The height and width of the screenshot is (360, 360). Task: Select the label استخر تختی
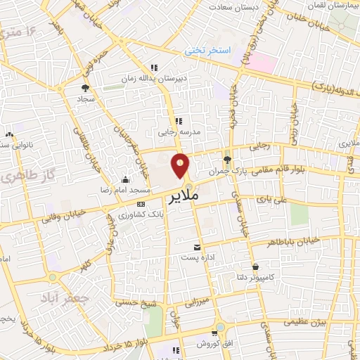point(208,51)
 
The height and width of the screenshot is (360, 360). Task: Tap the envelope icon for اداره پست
point(197,247)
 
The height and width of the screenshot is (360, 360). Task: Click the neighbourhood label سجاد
point(86,99)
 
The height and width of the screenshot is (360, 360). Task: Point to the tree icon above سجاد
point(86,89)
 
